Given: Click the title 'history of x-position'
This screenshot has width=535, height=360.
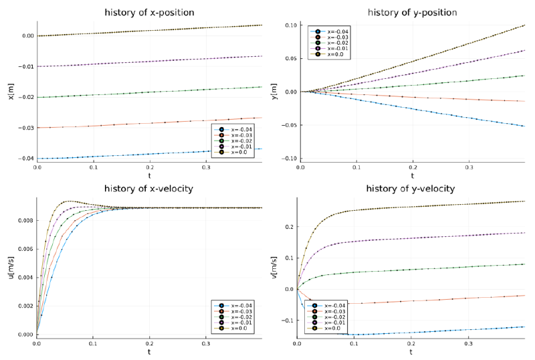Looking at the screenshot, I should click(149, 12).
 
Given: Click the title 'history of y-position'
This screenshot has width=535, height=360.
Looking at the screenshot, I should click(413, 12).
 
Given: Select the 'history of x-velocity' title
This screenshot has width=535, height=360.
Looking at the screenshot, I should click(149, 189).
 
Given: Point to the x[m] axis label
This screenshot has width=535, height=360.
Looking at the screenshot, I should click(11, 92).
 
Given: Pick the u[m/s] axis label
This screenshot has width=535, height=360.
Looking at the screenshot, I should click(11, 268).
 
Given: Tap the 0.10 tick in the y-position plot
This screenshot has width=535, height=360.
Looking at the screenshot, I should click(292, 25).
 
